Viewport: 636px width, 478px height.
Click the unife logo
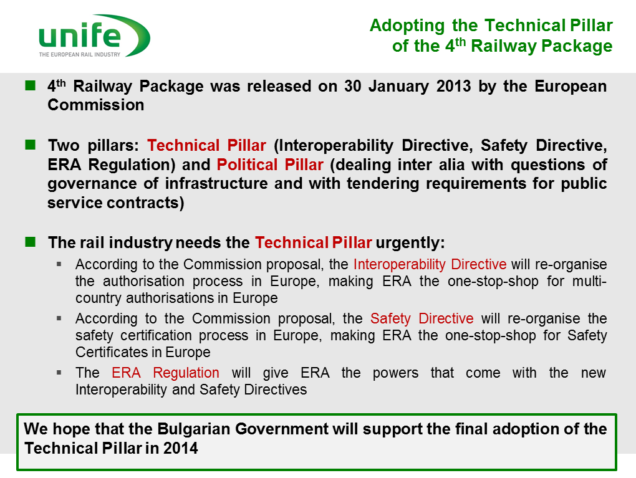tap(95, 36)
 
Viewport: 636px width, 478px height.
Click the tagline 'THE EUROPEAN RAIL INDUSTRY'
tap(80, 54)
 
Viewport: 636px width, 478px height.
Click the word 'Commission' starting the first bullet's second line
tap(96, 105)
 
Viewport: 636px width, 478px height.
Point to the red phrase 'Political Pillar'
tap(270, 165)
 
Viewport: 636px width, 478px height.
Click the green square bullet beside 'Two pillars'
tap(31, 145)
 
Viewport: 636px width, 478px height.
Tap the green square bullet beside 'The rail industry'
tap(31, 242)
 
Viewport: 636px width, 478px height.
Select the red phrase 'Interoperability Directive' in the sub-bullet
tap(430, 264)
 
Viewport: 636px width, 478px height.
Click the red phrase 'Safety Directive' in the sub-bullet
tap(422, 318)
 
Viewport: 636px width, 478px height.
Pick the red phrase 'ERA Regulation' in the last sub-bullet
tap(165, 373)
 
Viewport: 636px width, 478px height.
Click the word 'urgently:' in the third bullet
tap(410, 243)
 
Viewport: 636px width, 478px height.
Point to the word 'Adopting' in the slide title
tap(407, 26)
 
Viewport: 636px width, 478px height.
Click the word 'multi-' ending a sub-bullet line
tap(589, 281)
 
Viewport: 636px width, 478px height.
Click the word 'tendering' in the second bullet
tap(382, 184)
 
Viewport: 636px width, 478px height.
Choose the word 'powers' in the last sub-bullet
tap(395, 373)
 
